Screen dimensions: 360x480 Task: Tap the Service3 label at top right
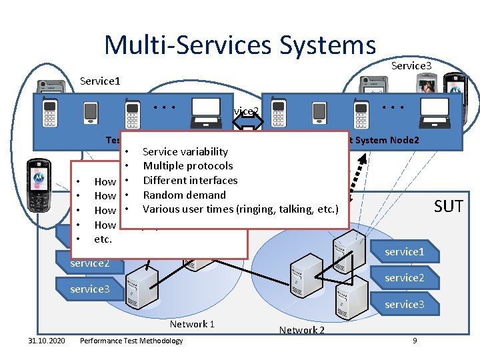pyautogui.click(x=411, y=65)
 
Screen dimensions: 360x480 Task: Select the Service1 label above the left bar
pyautogui.click(x=99, y=81)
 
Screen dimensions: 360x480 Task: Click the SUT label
pyautogui.click(x=448, y=206)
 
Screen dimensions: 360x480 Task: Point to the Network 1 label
pyautogui.click(x=192, y=324)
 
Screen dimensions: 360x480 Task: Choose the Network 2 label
pyautogui.click(x=301, y=330)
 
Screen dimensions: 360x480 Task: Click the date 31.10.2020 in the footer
pyautogui.click(x=43, y=341)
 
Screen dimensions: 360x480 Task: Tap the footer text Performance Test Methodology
pyautogui.click(x=131, y=341)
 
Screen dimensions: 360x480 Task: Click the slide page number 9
pyautogui.click(x=415, y=341)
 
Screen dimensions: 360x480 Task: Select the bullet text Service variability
pyautogui.click(x=185, y=151)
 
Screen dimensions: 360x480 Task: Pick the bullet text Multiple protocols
pyautogui.click(x=188, y=166)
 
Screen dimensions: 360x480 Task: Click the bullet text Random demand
pyautogui.click(x=184, y=195)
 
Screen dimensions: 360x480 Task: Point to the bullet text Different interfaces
pyautogui.click(x=190, y=180)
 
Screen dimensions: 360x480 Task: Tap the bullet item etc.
pyautogui.click(x=103, y=239)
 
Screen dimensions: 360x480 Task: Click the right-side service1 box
pyautogui.click(x=404, y=252)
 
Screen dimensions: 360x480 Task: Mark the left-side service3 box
pyautogui.click(x=90, y=289)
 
